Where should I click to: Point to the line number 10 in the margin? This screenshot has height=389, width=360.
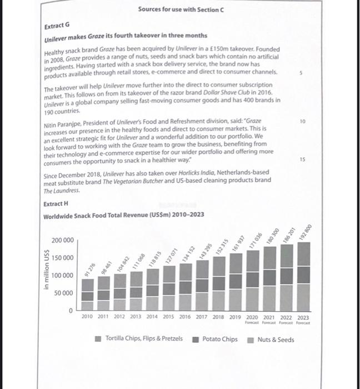(302, 120)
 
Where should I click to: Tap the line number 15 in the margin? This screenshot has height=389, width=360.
(302, 159)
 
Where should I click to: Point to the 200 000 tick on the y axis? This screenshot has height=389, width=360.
(62, 240)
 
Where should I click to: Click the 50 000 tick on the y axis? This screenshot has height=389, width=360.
(63, 293)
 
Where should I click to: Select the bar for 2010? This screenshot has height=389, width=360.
(87, 294)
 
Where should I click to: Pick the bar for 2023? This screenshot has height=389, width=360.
(304, 276)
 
